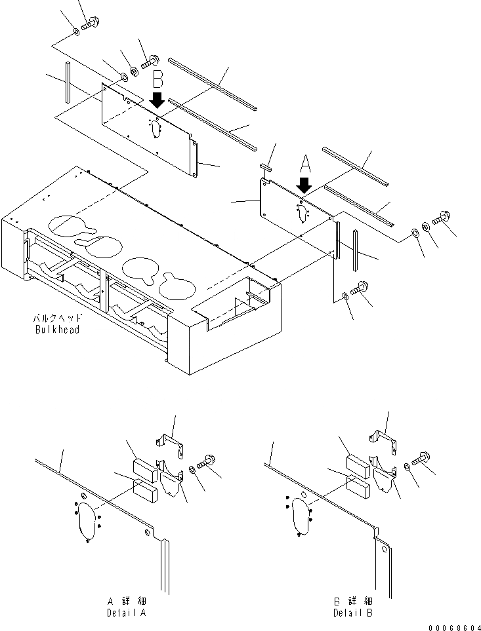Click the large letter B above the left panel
(x=157, y=81)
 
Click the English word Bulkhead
(x=57, y=330)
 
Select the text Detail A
(x=126, y=613)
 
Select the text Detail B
(x=352, y=613)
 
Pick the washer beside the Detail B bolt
(x=408, y=467)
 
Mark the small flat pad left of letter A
(x=266, y=167)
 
